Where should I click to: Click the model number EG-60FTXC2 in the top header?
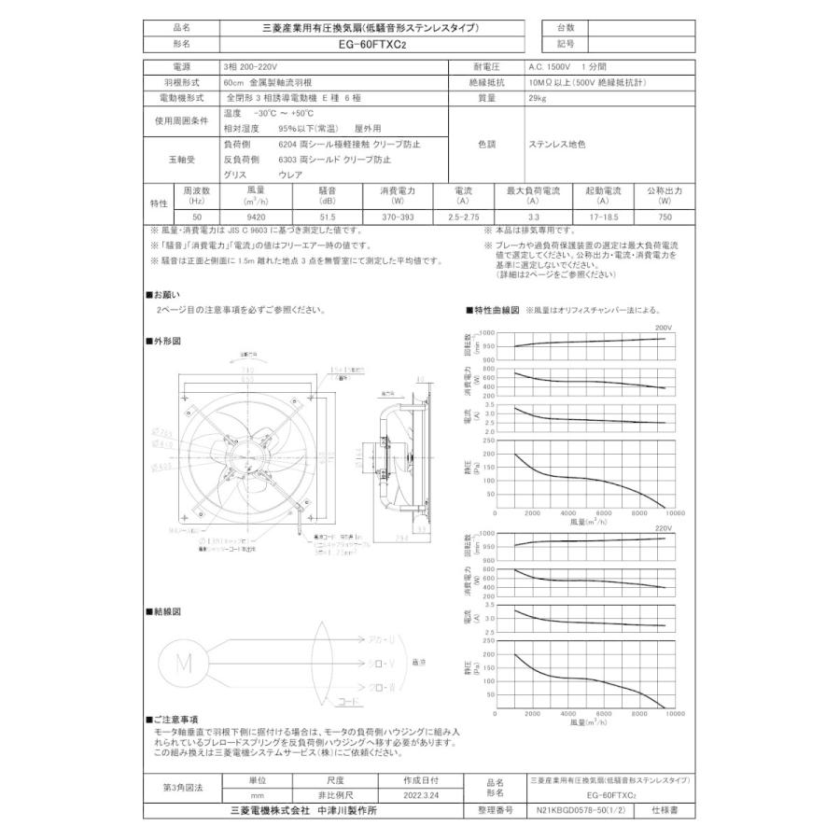(371, 43)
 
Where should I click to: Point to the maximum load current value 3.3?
(532, 216)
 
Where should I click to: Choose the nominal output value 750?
(665, 216)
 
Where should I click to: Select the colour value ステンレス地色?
(557, 145)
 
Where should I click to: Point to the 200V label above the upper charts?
(664, 329)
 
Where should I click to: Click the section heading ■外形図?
(162, 341)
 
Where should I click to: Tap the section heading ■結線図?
(162, 611)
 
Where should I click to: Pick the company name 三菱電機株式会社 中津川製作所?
(303, 811)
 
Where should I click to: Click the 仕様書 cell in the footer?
(665, 811)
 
